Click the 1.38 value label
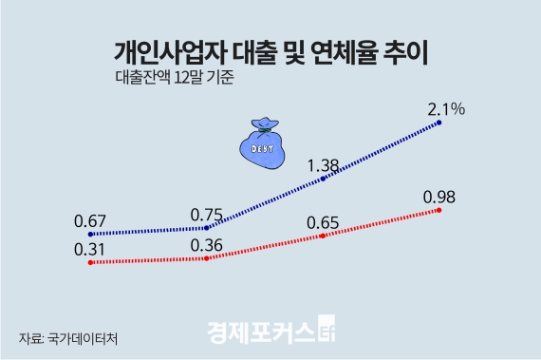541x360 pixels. (323, 166)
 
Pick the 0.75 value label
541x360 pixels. (206, 215)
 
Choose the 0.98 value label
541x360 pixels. (440, 197)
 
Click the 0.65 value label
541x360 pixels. (323, 223)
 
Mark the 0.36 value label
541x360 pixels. (206, 245)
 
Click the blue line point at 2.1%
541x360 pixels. (439, 123)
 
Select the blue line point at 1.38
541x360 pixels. (324, 179)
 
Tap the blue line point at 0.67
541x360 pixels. (89, 234)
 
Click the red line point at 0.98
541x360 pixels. (439, 210)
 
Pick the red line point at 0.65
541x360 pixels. (324, 236)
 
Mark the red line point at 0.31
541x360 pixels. (89, 262)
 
